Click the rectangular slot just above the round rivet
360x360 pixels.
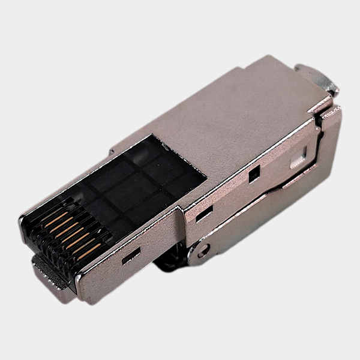point(204,213)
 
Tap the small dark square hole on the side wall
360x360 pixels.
point(254,174)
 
